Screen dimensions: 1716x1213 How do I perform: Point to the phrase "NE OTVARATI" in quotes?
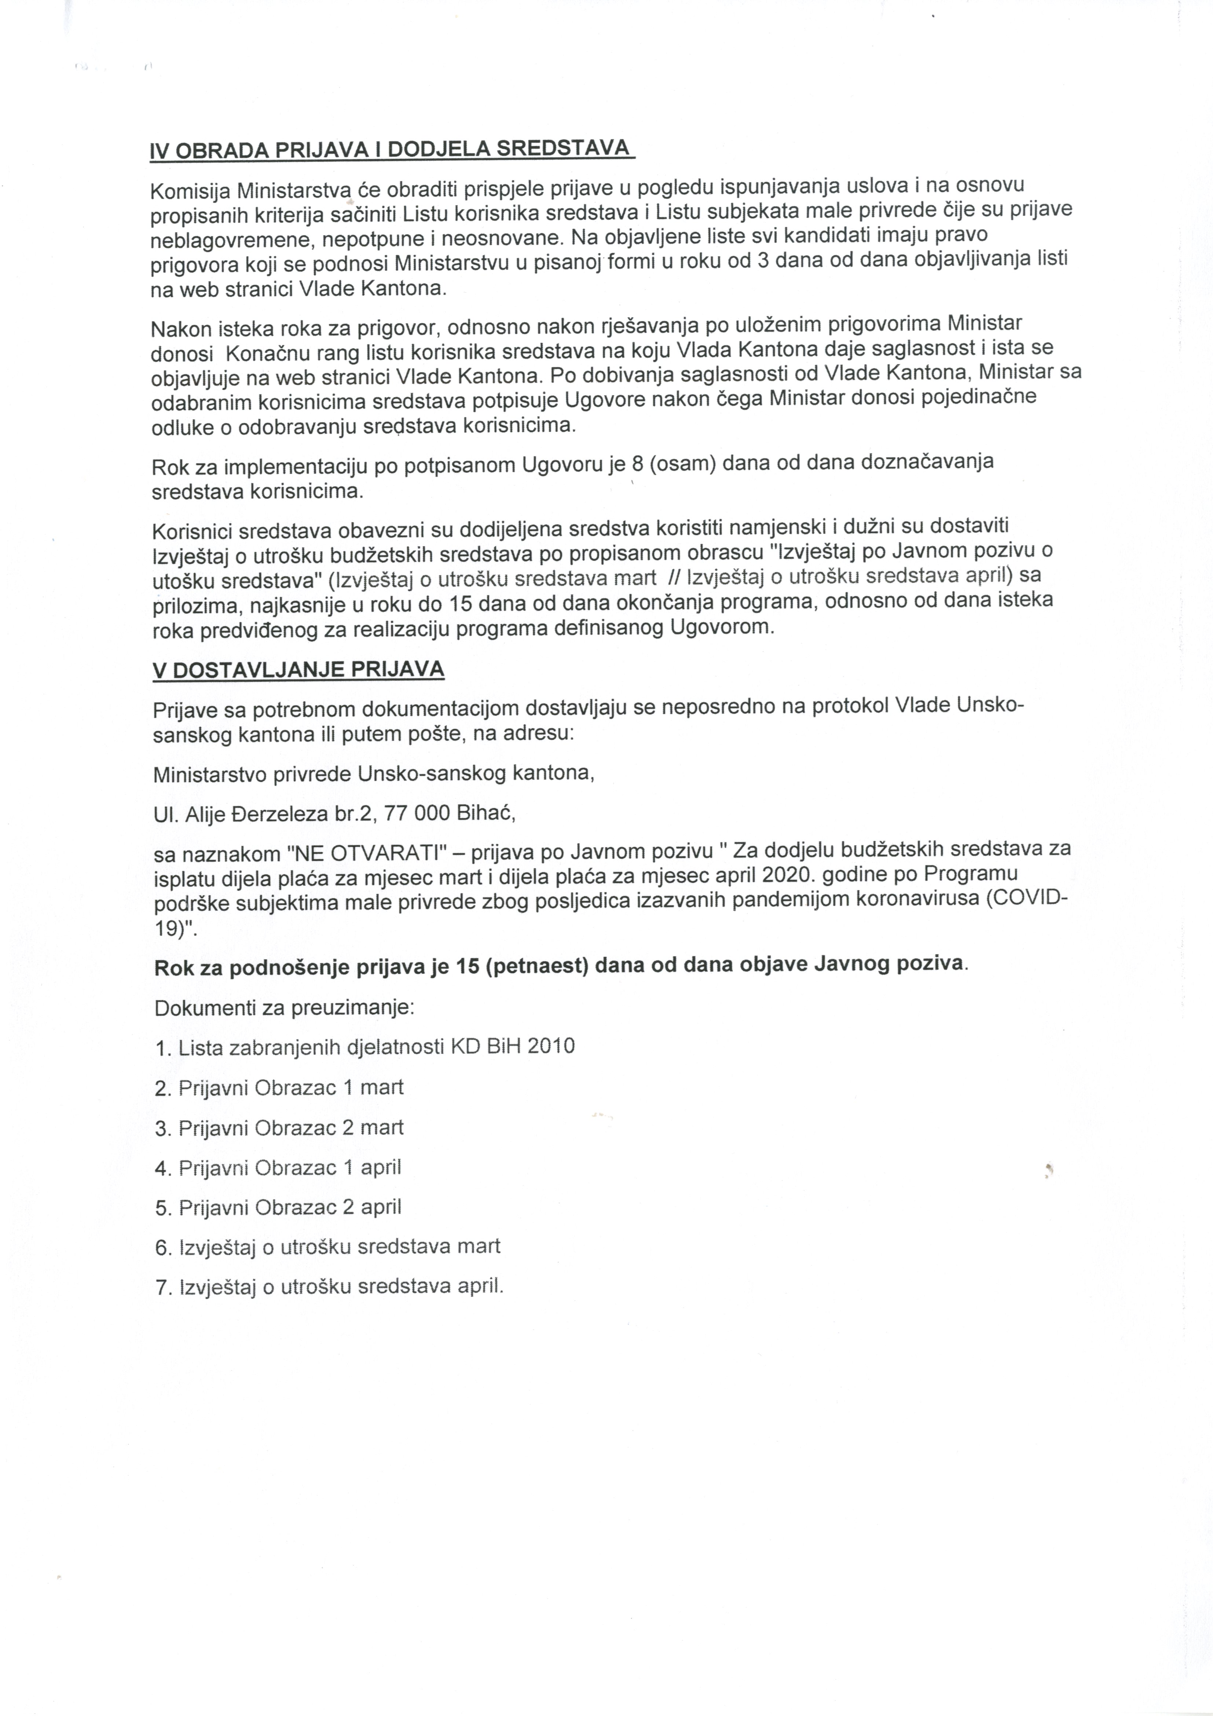coord(363,852)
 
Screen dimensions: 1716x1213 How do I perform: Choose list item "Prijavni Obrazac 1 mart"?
coord(291,1087)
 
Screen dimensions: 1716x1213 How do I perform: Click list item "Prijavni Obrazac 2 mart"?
coord(291,1128)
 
